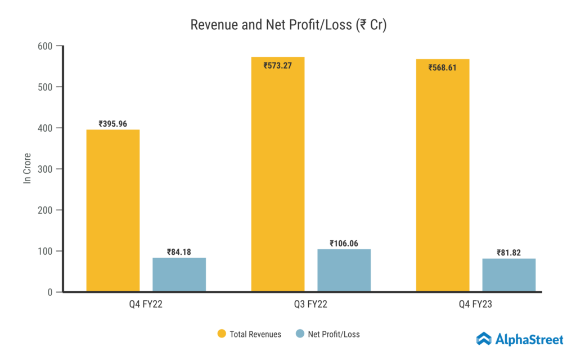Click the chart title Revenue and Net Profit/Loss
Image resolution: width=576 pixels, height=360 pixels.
288,25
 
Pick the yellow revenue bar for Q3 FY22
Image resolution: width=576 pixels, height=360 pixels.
278,180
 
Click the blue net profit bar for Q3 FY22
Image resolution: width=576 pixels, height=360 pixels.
344,271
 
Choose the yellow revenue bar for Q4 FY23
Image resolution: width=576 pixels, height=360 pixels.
443,180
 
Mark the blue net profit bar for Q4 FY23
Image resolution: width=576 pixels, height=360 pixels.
508,275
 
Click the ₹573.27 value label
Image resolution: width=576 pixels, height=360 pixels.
278,65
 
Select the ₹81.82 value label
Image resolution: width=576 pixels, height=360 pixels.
508,253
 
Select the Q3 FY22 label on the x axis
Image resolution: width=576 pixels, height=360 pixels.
311,305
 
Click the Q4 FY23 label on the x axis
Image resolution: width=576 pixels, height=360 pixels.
475,305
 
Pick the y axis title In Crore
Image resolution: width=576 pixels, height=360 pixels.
26,168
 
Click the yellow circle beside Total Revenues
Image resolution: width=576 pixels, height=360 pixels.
222,334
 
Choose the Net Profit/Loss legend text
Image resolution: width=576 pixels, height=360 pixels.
334,334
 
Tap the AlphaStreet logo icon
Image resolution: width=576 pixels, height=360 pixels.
484,339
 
